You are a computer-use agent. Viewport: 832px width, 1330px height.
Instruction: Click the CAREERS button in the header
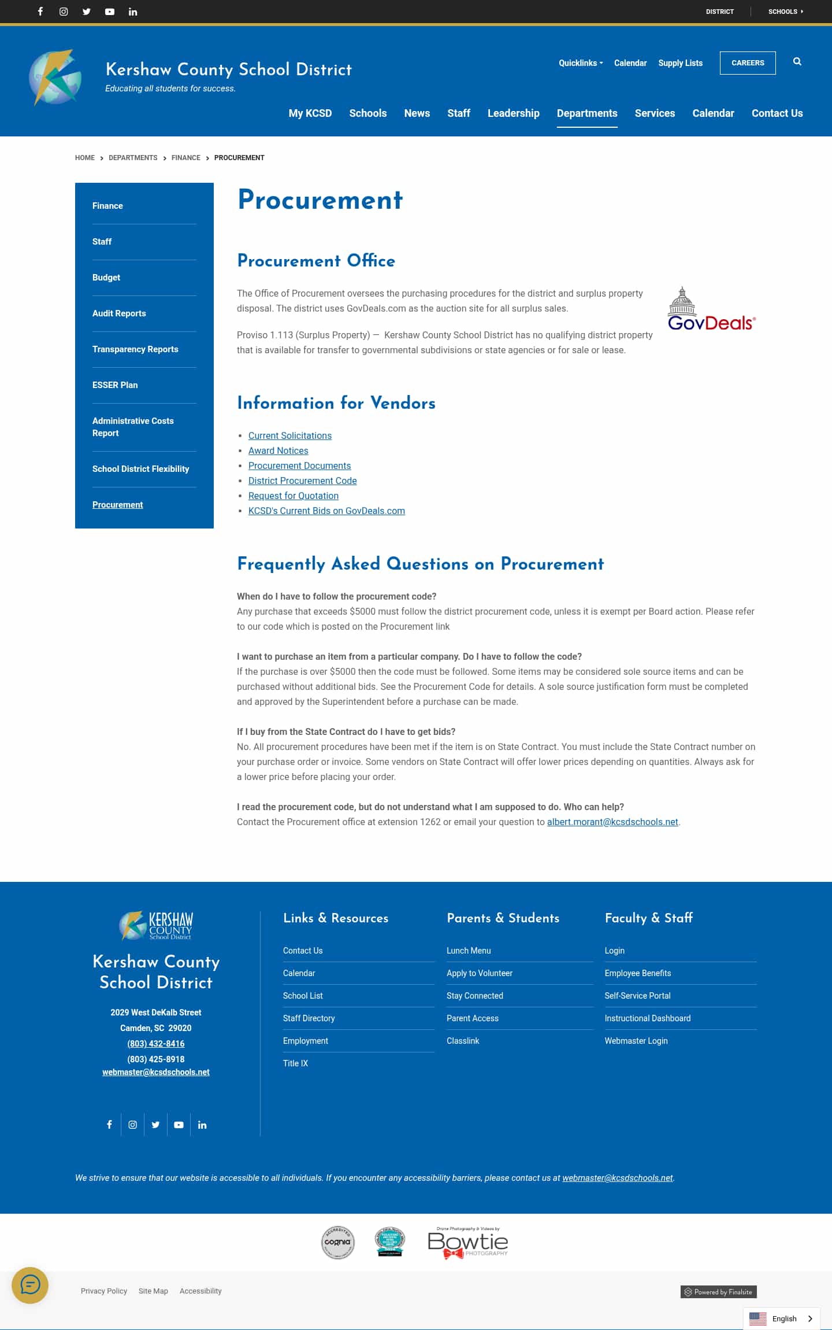coord(748,63)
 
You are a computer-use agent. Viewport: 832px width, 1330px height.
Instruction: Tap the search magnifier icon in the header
coord(797,62)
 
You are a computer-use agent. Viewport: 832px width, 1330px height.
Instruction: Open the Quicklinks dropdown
coord(580,63)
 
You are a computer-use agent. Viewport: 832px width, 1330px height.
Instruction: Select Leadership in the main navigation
coord(513,113)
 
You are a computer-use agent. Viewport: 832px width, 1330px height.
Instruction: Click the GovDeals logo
coord(711,310)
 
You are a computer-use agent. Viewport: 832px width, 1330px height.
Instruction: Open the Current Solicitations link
coord(289,435)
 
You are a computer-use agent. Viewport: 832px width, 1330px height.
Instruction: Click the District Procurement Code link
coord(302,481)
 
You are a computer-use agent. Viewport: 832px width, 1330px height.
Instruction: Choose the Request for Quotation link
coord(293,496)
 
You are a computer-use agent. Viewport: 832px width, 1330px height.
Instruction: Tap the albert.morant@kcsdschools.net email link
coord(612,822)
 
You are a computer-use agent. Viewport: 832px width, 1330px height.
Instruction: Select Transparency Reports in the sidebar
coord(135,349)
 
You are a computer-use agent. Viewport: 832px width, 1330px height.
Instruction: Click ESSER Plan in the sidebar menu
coord(115,385)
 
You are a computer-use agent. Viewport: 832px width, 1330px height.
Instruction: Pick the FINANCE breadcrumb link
coord(185,158)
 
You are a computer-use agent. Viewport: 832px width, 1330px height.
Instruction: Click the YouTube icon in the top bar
coord(110,12)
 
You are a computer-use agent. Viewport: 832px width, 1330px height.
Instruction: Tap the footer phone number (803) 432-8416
coord(156,1044)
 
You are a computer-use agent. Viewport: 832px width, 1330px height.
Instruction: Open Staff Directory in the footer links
coord(309,1018)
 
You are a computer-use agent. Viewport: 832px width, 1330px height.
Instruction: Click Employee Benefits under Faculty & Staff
coord(638,973)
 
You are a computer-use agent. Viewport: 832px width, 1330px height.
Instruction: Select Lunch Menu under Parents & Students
coord(469,951)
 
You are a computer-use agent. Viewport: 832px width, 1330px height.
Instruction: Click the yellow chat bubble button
coord(30,1285)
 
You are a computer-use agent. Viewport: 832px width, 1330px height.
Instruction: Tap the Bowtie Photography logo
coord(468,1243)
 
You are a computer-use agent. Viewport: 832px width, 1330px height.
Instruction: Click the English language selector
coord(781,1318)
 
